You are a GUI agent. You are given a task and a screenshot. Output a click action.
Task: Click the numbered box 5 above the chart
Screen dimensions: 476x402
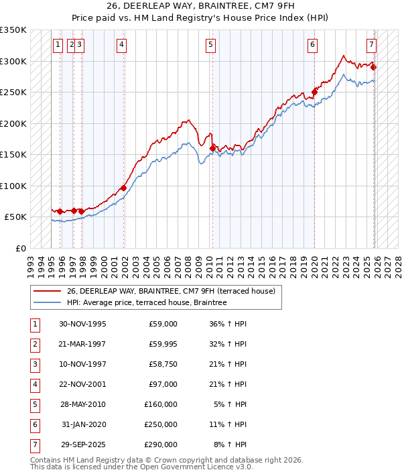coord(210,45)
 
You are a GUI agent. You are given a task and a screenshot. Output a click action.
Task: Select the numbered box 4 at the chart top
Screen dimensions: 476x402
coord(121,45)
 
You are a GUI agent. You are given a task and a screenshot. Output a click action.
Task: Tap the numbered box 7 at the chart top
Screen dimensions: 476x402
coord(371,45)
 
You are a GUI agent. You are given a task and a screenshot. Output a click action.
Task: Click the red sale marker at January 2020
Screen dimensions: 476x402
coord(314,92)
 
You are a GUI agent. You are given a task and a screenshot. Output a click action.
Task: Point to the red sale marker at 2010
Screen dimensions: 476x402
coord(212,148)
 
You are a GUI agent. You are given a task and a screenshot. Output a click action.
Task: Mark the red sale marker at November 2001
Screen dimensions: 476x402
coord(124,188)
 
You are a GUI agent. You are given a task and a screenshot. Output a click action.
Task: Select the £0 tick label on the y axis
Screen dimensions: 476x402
coord(20,248)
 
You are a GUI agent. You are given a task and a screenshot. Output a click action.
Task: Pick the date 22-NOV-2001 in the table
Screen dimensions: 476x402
coord(82,384)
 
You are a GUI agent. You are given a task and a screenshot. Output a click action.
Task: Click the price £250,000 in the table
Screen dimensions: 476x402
coord(161,424)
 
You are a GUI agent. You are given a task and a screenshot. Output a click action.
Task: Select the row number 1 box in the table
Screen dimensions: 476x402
coord(34,324)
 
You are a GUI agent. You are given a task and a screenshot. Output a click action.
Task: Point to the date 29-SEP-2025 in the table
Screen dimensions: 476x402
coord(82,444)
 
